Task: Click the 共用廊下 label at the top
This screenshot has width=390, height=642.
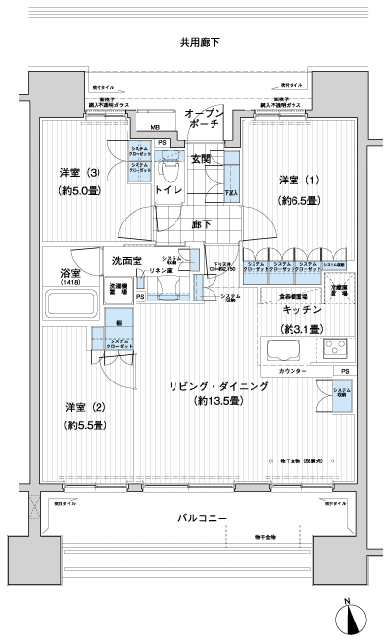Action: pos(199,43)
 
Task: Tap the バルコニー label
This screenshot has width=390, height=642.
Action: pos(203,518)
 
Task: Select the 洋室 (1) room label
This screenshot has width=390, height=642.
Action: pos(299,181)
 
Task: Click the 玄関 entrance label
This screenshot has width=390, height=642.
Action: pos(201,158)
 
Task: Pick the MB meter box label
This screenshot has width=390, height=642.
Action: pos(156,126)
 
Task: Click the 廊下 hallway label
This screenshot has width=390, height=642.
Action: pos(200,223)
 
